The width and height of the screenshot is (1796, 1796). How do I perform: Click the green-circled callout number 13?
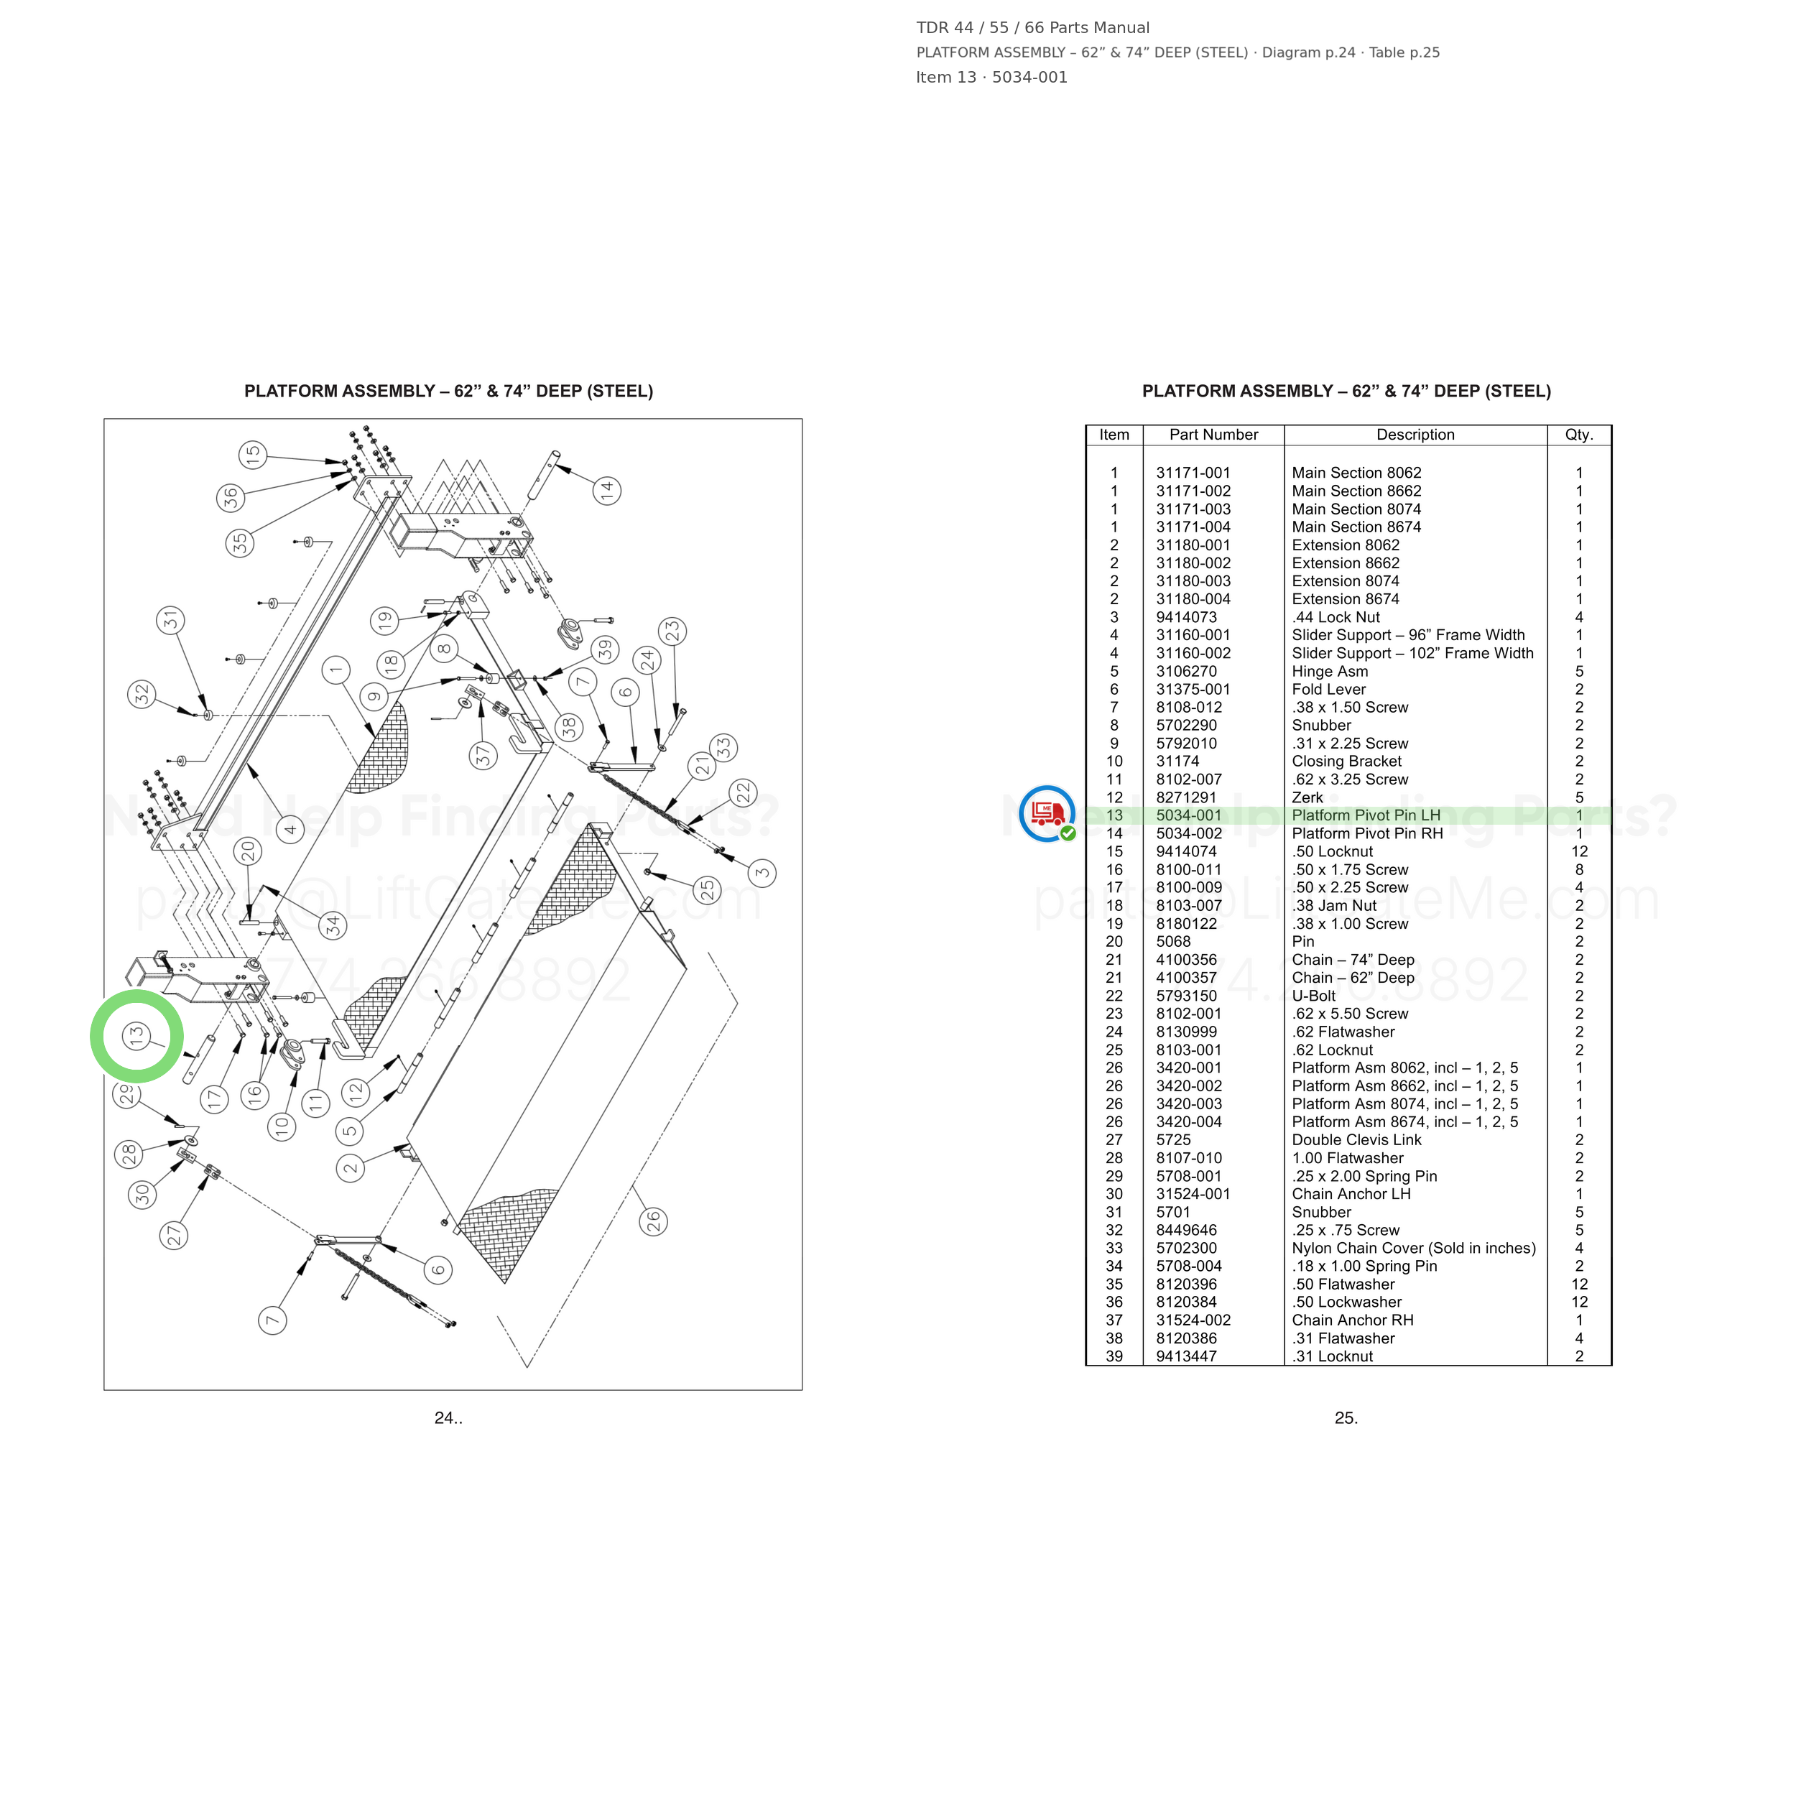click(x=136, y=1036)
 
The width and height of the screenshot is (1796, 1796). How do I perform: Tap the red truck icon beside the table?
click(x=1047, y=813)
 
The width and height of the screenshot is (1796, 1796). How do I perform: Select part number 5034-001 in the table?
click(x=1189, y=815)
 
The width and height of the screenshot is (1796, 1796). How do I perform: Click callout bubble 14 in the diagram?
click(x=607, y=490)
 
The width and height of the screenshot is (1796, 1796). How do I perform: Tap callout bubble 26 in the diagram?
click(x=654, y=1221)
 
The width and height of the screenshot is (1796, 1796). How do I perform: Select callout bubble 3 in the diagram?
click(x=762, y=872)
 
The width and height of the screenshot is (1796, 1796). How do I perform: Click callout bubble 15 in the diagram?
click(x=253, y=455)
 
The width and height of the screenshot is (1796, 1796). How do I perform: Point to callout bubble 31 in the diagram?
click(x=170, y=620)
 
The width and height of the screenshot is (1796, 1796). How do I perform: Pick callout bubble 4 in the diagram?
click(x=290, y=829)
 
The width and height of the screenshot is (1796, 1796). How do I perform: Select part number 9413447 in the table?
click(x=1186, y=1356)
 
